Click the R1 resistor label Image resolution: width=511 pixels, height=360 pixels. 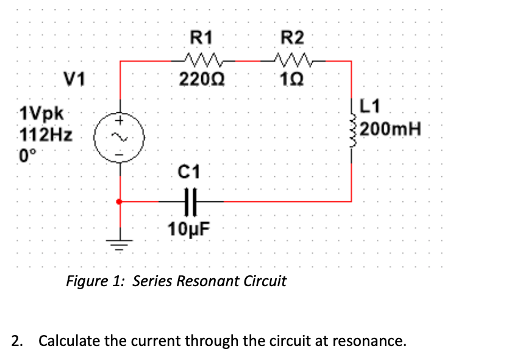(x=202, y=38)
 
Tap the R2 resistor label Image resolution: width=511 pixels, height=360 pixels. (x=291, y=38)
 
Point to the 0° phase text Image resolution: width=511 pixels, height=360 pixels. (x=28, y=153)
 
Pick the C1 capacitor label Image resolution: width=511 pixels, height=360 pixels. (x=190, y=169)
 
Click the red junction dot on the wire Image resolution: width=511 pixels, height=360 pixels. (x=120, y=201)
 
